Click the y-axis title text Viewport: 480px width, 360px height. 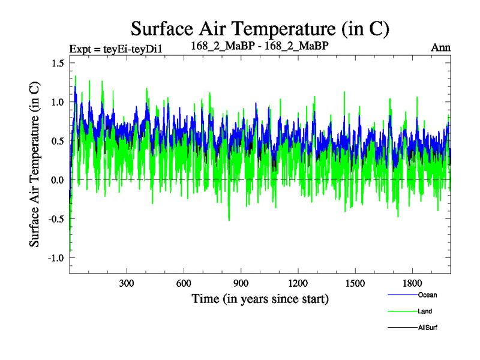(35, 163)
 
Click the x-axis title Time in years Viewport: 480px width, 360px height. (260, 298)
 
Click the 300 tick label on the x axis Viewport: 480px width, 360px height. (127, 283)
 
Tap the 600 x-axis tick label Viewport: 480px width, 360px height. (184, 283)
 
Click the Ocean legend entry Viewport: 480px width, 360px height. (427, 295)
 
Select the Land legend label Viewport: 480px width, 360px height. (425, 311)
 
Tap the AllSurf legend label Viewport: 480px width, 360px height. (428, 328)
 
